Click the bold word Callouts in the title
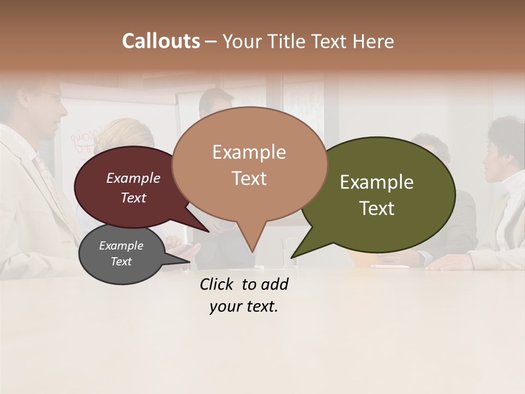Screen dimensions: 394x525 point(161,41)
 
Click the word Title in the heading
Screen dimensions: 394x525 point(289,42)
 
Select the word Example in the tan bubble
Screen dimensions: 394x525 point(249,152)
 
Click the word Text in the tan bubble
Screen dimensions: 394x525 point(249,178)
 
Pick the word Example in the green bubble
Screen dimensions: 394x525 point(377,182)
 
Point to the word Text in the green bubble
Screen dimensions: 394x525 point(377,208)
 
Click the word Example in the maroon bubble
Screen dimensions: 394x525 point(133,178)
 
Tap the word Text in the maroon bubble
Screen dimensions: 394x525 point(133,198)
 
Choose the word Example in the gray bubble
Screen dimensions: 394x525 point(121,246)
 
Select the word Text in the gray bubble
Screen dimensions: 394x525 point(121,262)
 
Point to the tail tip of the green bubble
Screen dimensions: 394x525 point(291,257)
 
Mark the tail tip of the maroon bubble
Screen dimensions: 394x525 point(209,232)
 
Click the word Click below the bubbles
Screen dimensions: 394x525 point(217,285)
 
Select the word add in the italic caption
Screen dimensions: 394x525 point(275,285)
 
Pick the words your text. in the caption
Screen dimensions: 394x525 point(243,306)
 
